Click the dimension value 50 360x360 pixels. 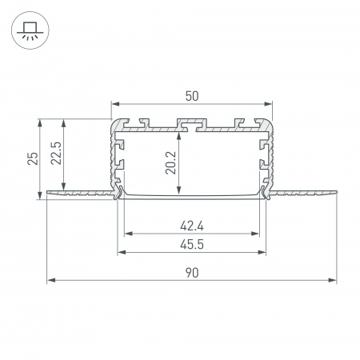click(x=192, y=96)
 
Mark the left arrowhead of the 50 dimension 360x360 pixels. click(x=114, y=104)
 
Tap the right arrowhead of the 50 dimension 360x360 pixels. click(x=270, y=104)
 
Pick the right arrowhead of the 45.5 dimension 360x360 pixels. click(x=264, y=254)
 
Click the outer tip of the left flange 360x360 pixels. click(x=48, y=191)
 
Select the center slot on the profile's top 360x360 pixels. click(x=192, y=124)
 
